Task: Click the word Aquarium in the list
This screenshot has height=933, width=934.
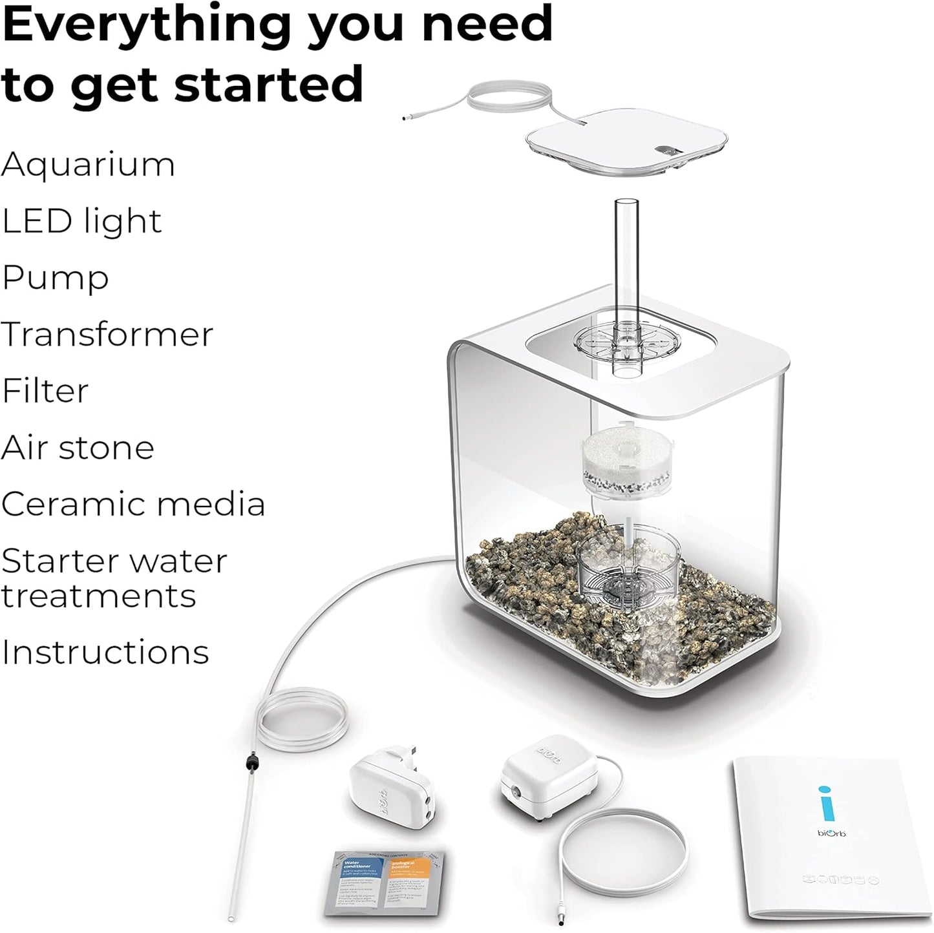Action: click(88, 165)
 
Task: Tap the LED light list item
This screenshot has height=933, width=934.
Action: click(81, 221)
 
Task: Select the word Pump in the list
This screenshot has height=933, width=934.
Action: click(55, 278)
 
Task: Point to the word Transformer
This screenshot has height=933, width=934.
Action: click(107, 335)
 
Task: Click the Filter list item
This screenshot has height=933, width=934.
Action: click(45, 391)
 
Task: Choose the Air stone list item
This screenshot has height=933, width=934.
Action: click(78, 448)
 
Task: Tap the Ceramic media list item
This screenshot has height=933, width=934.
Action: click(133, 504)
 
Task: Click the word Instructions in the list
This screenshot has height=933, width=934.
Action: click(105, 652)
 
